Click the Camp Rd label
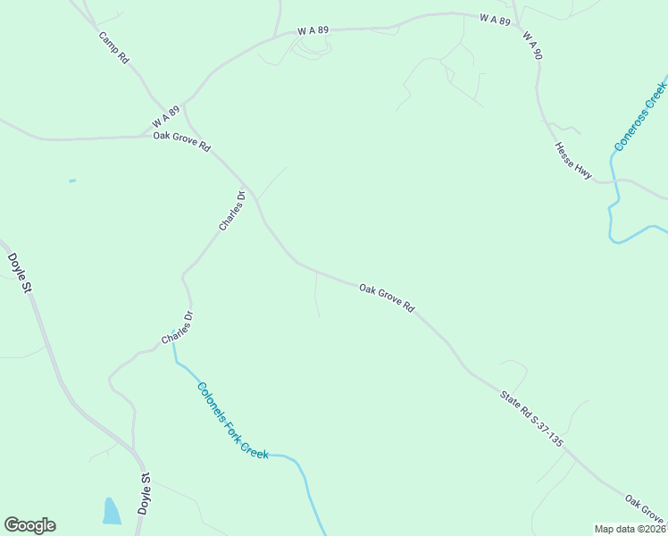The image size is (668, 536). [113, 47]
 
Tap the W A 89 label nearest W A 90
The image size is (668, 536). [494, 19]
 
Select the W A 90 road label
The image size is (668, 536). [532, 46]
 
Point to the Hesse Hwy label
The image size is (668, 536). [572, 161]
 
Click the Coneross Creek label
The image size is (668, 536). [639, 116]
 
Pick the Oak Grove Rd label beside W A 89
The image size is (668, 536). [181, 140]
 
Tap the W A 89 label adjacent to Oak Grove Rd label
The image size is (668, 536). [165, 116]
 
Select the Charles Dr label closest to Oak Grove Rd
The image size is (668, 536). [231, 211]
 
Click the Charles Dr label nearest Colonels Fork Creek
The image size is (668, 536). [177, 328]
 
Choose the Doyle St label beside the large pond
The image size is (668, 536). [145, 494]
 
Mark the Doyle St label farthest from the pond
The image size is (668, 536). [20, 266]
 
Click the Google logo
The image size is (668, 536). [29, 525]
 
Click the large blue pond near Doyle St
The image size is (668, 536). [112, 511]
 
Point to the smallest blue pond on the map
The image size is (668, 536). [72, 181]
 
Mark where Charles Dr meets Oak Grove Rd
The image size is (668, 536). [255, 194]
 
